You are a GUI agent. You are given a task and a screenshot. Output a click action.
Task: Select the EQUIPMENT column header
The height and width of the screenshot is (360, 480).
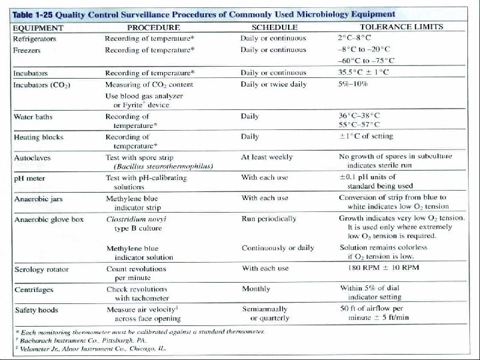pyautogui.click(x=39, y=29)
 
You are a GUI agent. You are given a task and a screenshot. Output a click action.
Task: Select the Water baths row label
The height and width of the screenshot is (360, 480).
pyautogui.click(x=33, y=117)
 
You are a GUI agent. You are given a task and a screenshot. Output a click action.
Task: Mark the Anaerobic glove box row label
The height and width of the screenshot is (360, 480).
pyautogui.click(x=47, y=219)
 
